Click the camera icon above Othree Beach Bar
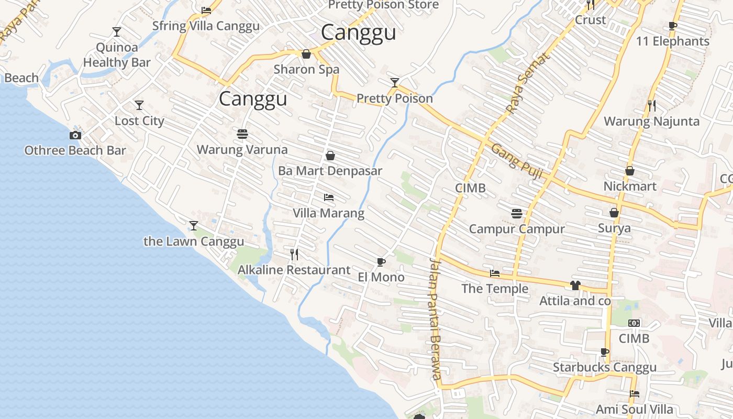[75, 135]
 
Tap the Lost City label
[139, 121]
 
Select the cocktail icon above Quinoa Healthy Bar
[117, 32]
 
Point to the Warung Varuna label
[242, 150]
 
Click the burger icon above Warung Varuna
[242, 134]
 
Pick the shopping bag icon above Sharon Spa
[306, 54]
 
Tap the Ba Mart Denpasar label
[330, 171]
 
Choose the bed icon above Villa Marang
[329, 197]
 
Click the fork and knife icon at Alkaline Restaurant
[294, 255]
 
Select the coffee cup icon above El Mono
[381, 262]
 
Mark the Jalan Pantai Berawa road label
[435, 319]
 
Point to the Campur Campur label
[517, 229]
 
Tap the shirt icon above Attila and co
[575, 285]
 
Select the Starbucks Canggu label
[605, 367]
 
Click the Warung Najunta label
[651, 122]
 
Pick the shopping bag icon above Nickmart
[630, 171]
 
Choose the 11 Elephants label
[672, 41]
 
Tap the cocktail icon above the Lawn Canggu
[194, 226]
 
